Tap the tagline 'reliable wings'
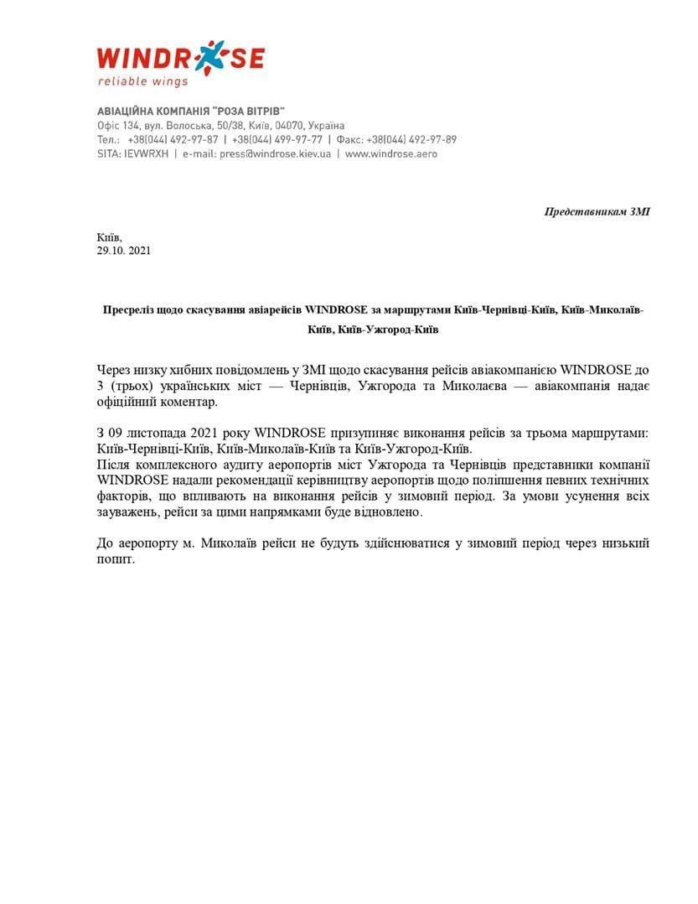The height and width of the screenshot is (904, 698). coord(143,82)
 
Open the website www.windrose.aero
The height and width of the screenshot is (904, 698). coord(391,154)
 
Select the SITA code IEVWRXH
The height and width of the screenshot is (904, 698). coord(147,154)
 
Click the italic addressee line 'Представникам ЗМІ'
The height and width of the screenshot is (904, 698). coord(597,211)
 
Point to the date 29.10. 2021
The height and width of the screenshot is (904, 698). coord(124,250)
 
